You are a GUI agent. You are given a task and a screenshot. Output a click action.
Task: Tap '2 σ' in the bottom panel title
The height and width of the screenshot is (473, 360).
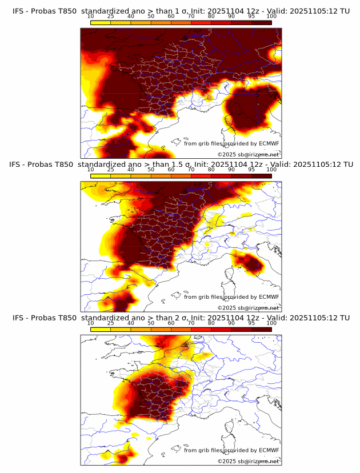pos(182,318)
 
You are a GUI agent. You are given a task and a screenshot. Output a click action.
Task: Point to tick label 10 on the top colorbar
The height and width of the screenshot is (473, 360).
pos(90,16)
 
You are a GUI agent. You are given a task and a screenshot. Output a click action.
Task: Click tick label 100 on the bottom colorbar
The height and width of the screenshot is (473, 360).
pos(271,323)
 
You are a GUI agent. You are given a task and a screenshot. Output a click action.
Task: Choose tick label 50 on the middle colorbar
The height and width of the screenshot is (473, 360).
pos(151,170)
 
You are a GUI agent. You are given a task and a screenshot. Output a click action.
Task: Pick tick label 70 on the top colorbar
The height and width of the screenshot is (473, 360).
pos(191,16)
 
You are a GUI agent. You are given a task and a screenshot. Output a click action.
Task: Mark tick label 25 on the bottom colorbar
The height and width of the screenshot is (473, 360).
pos(110,323)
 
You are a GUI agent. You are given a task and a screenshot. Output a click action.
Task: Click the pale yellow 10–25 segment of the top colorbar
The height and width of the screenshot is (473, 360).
pos(101,22)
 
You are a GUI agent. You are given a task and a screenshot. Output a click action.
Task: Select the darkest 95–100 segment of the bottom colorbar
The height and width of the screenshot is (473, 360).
pos(261,328)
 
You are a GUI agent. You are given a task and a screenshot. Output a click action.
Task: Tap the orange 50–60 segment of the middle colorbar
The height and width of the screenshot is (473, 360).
pos(161,175)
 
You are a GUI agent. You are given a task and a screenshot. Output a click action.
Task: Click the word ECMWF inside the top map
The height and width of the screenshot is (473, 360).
pos(269,144)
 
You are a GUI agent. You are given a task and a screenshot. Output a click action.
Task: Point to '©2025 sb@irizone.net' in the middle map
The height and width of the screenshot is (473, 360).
pos(248,307)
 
